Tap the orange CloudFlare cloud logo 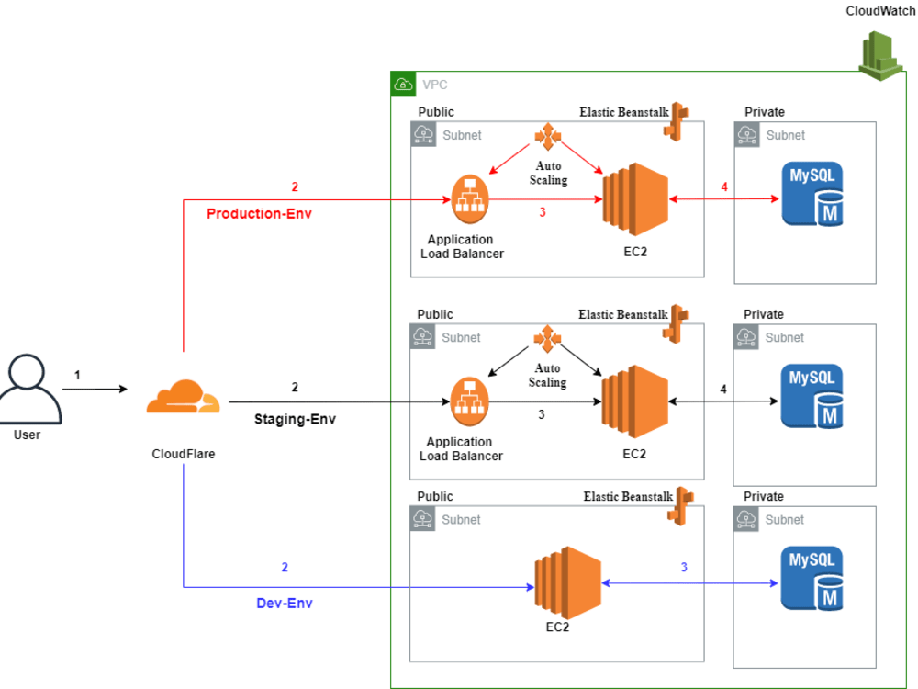(x=183, y=398)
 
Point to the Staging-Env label (x=295, y=418)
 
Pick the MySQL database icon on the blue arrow (x=812, y=579)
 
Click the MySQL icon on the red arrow (x=812, y=194)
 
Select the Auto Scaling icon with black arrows (x=547, y=339)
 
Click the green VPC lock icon (x=403, y=84)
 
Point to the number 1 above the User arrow (x=77, y=375)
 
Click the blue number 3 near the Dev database (x=683, y=567)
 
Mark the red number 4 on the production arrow (x=724, y=187)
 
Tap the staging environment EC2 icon (x=634, y=401)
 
